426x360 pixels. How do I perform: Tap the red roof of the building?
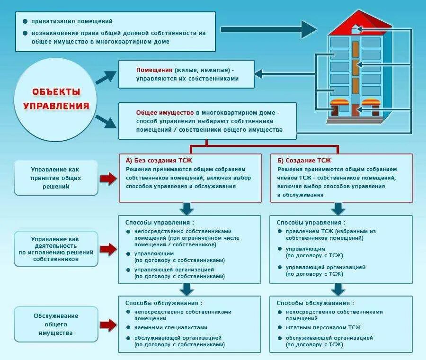[360, 24]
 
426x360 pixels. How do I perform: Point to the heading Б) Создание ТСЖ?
[304, 160]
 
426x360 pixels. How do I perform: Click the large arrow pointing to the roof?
[268, 29]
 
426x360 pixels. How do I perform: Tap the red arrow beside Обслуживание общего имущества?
[108, 324]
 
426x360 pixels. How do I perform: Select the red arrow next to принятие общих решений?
[108, 179]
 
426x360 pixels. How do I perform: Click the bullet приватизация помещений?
[71, 21]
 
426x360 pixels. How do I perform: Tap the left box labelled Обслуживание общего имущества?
[56, 324]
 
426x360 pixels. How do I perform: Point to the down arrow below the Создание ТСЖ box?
[337, 209]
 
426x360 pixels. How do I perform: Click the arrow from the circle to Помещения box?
[106, 77]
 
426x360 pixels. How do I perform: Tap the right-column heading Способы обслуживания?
[315, 303]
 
